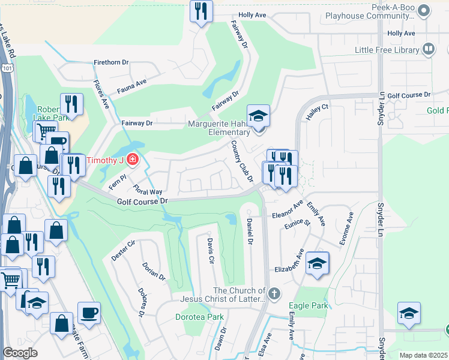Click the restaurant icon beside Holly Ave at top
click(201, 11)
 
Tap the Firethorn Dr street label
click(111, 62)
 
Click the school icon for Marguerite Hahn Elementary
click(259, 115)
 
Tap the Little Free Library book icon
click(429, 50)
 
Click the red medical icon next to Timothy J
click(131, 161)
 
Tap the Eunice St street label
click(298, 223)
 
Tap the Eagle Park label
click(312, 305)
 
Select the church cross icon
click(274, 294)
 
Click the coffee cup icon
click(89, 313)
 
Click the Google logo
click(20, 353)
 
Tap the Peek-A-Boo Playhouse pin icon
click(424, 10)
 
